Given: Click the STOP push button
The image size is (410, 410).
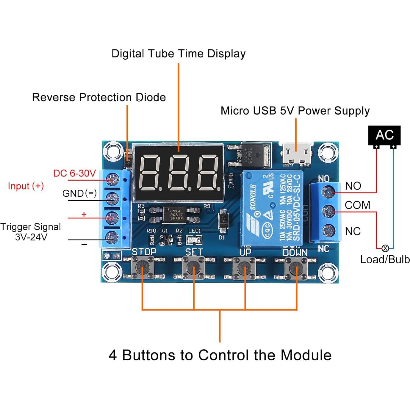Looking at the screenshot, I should click(x=143, y=267).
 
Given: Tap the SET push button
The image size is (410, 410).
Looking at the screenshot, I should click(x=194, y=267).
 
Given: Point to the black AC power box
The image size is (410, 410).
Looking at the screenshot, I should click(x=384, y=135).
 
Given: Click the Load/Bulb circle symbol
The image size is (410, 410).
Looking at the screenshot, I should click(x=385, y=248).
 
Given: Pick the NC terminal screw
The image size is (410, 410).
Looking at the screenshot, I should click(x=328, y=230).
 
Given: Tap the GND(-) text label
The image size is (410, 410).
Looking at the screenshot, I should click(x=79, y=193).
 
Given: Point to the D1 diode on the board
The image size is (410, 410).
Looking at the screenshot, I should click(x=223, y=220).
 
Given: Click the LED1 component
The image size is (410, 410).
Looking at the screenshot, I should click(x=194, y=240).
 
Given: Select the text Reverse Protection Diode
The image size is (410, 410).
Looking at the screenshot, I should click(x=99, y=97).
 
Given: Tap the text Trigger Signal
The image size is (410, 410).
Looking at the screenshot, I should click(x=31, y=227).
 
